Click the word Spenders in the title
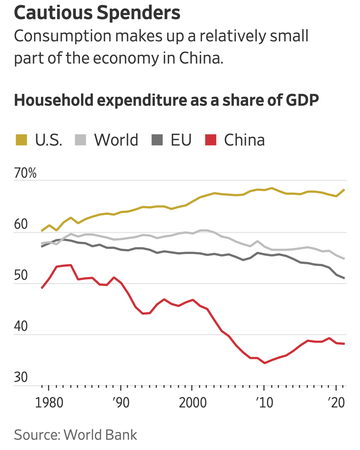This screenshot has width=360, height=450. tap(139, 13)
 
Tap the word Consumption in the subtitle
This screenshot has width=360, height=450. tap(62, 37)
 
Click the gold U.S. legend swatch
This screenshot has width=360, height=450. tap(21, 140)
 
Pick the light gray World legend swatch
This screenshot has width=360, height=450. tap(80, 140)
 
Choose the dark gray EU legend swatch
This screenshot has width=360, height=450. tap(157, 140)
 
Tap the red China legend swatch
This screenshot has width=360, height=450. tap(211, 140)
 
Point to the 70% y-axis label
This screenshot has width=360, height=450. tap(25, 173)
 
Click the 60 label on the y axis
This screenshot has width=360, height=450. tap(21, 224)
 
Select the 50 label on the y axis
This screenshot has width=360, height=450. tap(21, 275)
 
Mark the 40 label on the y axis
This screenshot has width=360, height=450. tap(21, 326)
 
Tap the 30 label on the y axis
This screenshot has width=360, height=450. tap(21, 377)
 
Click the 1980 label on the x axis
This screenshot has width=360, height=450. tap(49, 403)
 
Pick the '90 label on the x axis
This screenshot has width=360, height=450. tap(121, 403)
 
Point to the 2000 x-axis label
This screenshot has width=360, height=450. tap(193, 403)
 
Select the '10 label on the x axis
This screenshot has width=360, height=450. tap(264, 403)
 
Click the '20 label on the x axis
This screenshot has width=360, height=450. tap(336, 403)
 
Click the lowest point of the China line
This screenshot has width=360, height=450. tap(265, 363)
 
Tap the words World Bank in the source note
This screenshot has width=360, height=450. tap(100, 435)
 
